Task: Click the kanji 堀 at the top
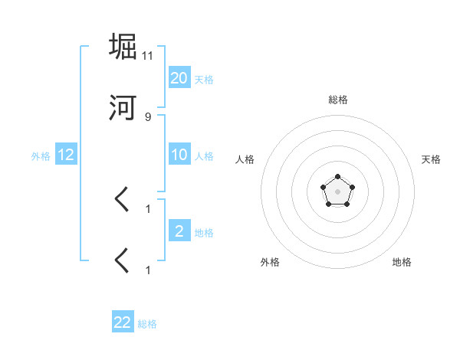(x=123, y=47)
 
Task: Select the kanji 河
(x=123, y=108)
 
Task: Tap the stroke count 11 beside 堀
(x=148, y=56)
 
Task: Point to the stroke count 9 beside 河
(x=148, y=117)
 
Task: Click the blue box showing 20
(x=179, y=78)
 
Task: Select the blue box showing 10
(x=179, y=155)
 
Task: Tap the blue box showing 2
(x=179, y=231)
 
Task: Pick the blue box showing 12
(x=66, y=155)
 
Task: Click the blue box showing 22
(x=123, y=322)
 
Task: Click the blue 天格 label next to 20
(x=204, y=80)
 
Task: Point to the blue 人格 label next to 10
(x=204, y=156)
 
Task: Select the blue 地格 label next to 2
(x=204, y=233)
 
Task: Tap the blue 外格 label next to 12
(x=41, y=156)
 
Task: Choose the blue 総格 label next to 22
(x=147, y=324)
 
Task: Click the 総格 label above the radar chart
(x=338, y=100)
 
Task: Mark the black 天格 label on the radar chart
(x=431, y=159)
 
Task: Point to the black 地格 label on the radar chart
(x=402, y=262)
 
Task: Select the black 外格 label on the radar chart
(x=270, y=262)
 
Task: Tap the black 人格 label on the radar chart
(x=245, y=159)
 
